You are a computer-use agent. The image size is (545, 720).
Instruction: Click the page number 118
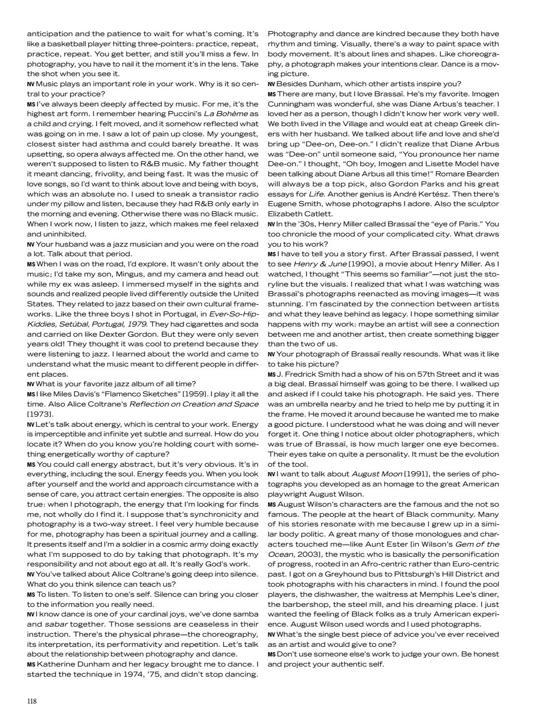[x=32, y=701]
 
